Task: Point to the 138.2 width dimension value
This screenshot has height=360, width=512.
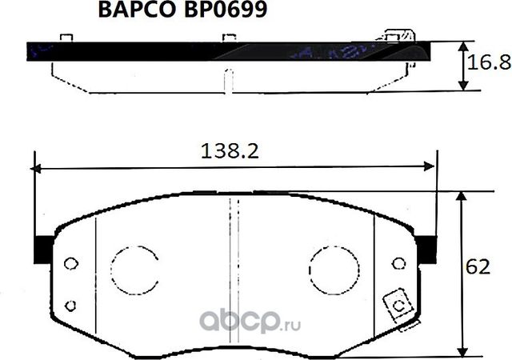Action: click(x=230, y=150)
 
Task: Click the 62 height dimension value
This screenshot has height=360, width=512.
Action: click(x=478, y=268)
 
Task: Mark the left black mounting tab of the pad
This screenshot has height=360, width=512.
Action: click(x=41, y=251)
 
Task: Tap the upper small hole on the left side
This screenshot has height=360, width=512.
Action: click(x=70, y=264)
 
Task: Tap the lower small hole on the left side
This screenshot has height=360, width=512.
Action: click(x=70, y=304)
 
